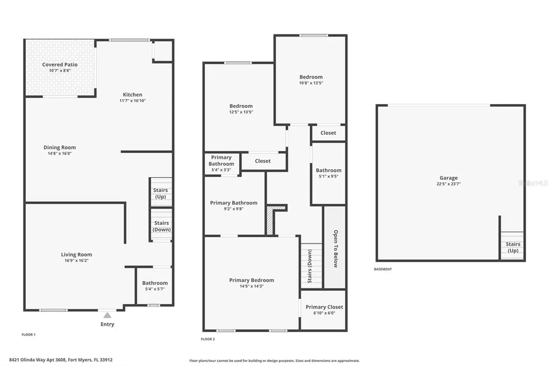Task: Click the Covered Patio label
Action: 60,64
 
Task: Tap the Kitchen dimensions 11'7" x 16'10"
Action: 132,100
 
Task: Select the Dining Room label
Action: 60,148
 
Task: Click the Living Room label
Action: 76,255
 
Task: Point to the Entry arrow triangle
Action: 107,316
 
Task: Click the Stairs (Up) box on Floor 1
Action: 160,193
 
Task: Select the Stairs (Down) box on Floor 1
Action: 161,226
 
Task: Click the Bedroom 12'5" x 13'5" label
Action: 241,106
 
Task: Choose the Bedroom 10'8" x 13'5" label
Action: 311,77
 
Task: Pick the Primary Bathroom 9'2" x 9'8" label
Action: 234,203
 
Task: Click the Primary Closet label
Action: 324,307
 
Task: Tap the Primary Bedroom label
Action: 251,280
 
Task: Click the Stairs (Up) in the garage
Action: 513,247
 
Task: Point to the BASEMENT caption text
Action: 383,269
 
